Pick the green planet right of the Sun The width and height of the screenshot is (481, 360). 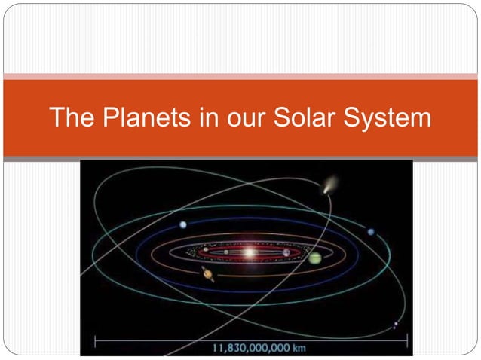point(314,258)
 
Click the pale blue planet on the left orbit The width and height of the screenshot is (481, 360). point(183,224)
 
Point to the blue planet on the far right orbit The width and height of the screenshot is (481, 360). point(370,232)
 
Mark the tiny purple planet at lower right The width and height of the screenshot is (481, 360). point(395,325)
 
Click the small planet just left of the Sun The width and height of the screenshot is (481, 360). point(206,249)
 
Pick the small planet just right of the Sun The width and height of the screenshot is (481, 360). point(286,252)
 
